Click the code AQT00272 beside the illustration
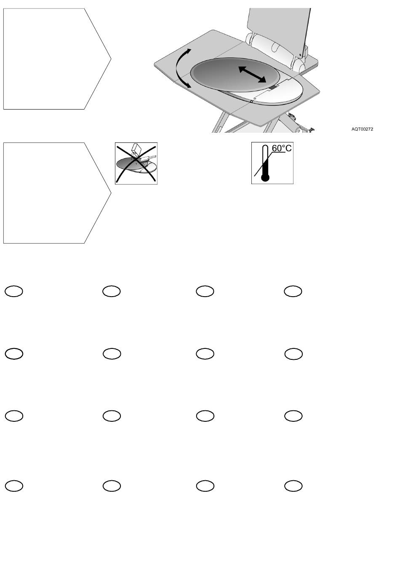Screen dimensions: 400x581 (362, 129)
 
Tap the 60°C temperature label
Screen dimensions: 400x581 (281, 148)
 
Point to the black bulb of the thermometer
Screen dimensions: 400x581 (265, 178)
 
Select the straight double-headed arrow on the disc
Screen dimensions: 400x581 (252, 74)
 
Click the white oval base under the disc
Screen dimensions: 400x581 (282, 94)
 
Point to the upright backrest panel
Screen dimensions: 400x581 (278, 25)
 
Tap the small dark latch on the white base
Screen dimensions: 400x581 (274, 87)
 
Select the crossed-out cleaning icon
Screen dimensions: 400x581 (136, 163)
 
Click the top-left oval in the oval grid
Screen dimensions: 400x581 (13, 291)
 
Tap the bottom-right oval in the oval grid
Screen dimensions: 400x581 (293, 486)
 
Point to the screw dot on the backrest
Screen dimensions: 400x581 (299, 54)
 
